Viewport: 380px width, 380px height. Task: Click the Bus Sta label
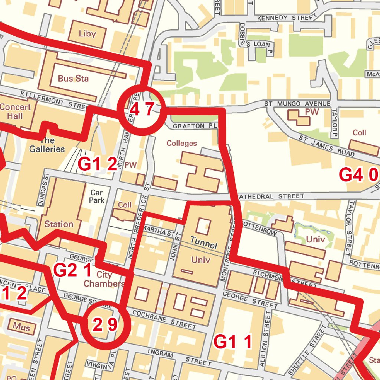coord(73,79)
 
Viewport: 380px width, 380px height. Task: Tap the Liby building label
coord(87,34)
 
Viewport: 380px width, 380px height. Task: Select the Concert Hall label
coord(15,111)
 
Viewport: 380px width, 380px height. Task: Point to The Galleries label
coord(47,145)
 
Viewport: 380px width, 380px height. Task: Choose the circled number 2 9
coord(104,325)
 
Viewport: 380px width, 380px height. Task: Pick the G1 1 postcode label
coord(233,342)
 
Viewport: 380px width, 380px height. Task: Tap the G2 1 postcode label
coord(73,271)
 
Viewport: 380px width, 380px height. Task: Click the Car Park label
coord(97,196)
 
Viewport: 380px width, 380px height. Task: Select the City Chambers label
coord(104,279)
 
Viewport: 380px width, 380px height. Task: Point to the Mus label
coord(22,327)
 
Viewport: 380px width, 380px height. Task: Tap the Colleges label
coord(181,143)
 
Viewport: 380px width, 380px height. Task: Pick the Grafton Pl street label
coord(194,126)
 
